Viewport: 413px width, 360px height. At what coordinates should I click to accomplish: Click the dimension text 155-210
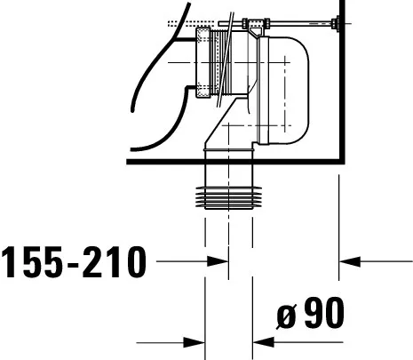[x=74, y=262]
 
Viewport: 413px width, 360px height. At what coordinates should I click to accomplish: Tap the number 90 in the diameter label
[x=324, y=313]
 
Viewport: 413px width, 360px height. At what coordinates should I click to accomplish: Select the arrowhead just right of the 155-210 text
[x=218, y=261]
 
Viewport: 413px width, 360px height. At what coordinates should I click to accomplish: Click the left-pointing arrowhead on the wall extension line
[x=350, y=261]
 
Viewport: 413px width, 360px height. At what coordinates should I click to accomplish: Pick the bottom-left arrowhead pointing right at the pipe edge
[x=195, y=343]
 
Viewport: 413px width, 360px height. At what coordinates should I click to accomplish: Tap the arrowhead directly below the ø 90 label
[x=264, y=342]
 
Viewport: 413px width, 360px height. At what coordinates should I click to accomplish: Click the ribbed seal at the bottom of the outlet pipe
[x=228, y=197]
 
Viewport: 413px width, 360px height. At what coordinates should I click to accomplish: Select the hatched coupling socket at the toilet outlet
[x=203, y=62]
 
